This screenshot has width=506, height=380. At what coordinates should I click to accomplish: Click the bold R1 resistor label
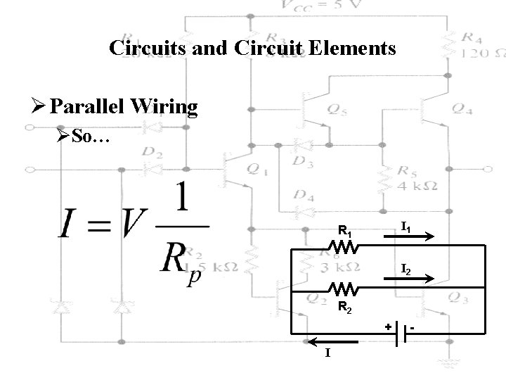point(345,229)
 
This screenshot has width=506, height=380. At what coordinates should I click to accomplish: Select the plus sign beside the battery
point(387,327)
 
